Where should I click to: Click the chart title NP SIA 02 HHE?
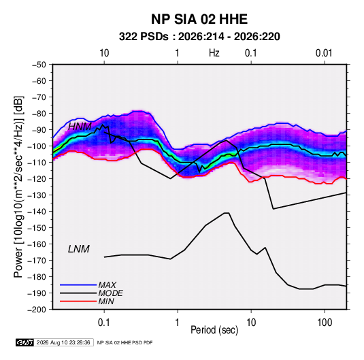(199, 19)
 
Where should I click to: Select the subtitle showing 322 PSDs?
(199, 37)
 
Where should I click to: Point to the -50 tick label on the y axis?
(39, 65)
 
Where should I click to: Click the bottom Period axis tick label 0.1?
(104, 323)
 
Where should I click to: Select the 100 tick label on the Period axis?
(325, 323)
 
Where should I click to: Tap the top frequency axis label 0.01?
(324, 53)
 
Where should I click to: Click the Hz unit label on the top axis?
(214, 53)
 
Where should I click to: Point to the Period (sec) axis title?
(214, 330)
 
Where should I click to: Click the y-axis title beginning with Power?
(18, 187)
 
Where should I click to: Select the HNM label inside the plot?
(80, 127)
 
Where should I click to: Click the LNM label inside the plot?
(79, 249)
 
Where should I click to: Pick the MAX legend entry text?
(107, 285)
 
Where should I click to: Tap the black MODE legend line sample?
(78, 293)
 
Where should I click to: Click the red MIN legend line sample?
(78, 301)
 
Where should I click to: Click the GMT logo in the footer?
(24, 342)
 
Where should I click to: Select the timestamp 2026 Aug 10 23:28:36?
(63, 342)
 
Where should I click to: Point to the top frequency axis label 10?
(104, 53)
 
